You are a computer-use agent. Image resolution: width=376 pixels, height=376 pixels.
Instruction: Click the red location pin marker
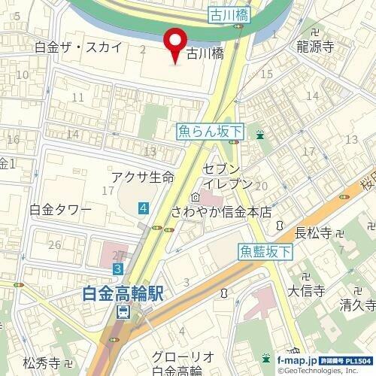(176, 44)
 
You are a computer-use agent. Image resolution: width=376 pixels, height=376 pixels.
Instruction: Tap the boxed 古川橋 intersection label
(229, 14)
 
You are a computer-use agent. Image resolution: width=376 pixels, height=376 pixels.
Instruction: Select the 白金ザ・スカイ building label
(78, 47)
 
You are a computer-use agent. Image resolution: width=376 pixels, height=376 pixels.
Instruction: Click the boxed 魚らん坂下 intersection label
(211, 132)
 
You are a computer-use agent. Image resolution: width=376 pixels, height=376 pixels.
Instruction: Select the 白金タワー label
(60, 209)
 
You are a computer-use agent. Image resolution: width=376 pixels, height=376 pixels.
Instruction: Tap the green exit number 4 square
(143, 207)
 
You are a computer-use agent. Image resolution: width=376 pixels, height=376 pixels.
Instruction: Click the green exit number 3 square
(118, 268)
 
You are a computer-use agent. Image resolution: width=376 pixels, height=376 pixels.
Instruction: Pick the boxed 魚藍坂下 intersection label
(265, 252)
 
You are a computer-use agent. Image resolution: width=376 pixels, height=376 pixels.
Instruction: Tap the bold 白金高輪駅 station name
(123, 294)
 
